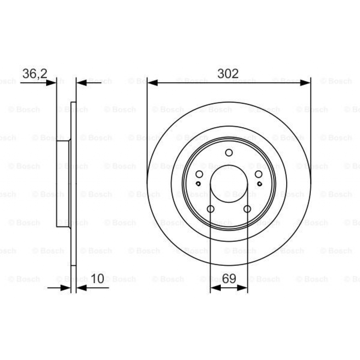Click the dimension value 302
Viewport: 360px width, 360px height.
coord(228,73)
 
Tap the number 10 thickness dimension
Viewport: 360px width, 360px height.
coord(97,279)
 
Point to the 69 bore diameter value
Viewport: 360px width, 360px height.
coord(229,279)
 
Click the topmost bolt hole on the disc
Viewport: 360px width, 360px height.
coord(229,153)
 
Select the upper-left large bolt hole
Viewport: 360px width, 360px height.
coord(199,174)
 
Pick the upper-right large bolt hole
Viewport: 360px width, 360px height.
coord(258,174)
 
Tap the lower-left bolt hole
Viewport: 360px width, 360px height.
coord(211,209)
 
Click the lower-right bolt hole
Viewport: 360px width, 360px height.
coord(247,209)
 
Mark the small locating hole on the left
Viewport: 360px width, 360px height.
coord(198,184)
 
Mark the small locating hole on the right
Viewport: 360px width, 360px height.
coord(260,184)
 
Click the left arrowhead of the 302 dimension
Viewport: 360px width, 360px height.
coord(152,83)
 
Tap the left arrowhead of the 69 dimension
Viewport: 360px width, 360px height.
coord(215,288)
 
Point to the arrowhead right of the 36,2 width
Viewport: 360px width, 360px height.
coord(81,83)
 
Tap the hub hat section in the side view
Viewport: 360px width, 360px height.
coord(63,184)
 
